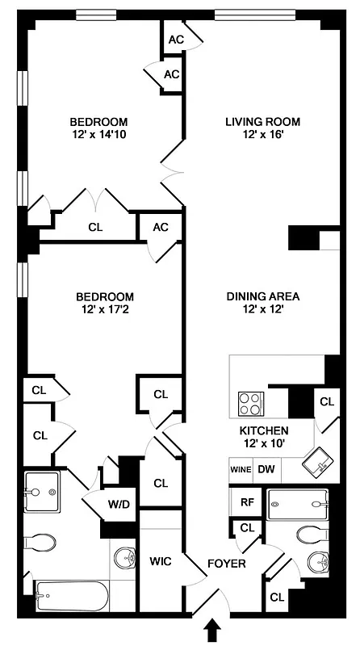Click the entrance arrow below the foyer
(214, 630)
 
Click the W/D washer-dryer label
(119, 505)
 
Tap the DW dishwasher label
(266, 469)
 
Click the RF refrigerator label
(247, 501)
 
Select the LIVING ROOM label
(262, 122)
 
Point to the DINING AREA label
(262, 296)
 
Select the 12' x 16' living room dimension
(262, 136)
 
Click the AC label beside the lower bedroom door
(161, 227)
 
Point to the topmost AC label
(176, 40)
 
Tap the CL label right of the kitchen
(326, 401)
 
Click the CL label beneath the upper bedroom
(95, 228)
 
